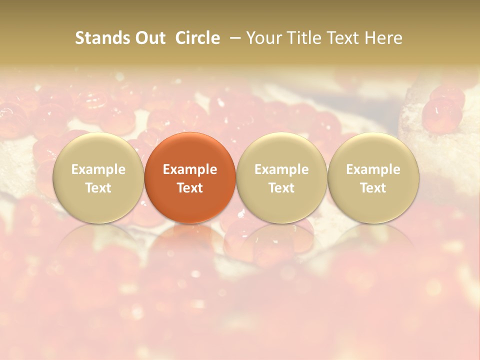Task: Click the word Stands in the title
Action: (x=101, y=38)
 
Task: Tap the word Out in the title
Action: (x=148, y=38)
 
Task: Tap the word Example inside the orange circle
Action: (x=190, y=169)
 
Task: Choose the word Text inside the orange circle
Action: (x=190, y=188)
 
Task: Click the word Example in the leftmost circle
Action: (x=98, y=169)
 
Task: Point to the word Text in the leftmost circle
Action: (x=98, y=188)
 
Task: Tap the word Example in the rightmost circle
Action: (x=373, y=169)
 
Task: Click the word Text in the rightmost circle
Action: (x=373, y=188)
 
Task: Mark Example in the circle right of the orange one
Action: (x=281, y=169)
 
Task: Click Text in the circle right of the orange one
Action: (x=281, y=188)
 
